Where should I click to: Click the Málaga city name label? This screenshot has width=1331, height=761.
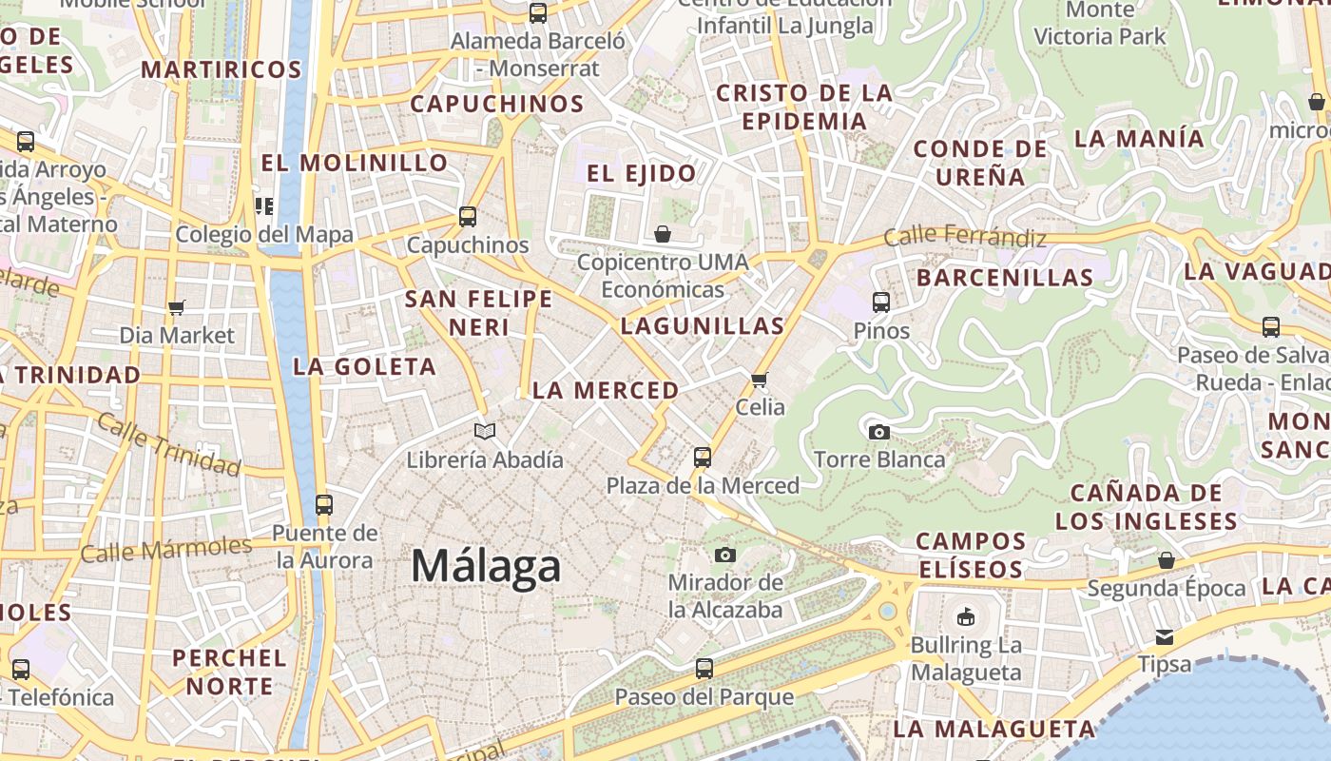click(486, 567)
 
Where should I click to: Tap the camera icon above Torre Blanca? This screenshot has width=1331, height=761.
click(879, 432)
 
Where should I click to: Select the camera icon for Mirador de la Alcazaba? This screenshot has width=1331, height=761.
click(725, 555)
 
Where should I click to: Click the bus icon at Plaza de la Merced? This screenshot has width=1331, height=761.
click(703, 458)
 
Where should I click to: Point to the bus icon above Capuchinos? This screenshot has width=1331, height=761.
click(467, 216)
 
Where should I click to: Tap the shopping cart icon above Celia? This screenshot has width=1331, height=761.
click(759, 380)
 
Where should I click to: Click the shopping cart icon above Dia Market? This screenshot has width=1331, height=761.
click(176, 307)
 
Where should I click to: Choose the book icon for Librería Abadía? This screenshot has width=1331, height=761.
click(485, 432)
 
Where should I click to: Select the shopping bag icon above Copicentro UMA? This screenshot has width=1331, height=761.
click(663, 233)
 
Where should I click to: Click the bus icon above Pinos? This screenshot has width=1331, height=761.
click(881, 303)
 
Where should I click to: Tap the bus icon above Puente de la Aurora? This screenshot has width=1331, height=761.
click(324, 505)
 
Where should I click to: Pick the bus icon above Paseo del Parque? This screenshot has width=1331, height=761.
click(704, 669)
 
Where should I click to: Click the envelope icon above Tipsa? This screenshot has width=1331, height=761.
click(1165, 636)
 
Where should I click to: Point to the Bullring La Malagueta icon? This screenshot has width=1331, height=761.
click(966, 616)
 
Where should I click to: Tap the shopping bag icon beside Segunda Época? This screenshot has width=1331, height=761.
click(1167, 560)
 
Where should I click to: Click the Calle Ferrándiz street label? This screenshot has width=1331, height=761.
click(964, 237)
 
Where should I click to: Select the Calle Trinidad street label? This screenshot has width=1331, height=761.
click(168, 445)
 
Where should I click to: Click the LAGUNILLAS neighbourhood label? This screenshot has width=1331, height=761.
click(703, 326)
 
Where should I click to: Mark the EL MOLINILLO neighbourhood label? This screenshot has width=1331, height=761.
click(355, 163)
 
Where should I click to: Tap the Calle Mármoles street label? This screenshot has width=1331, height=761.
click(166, 549)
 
